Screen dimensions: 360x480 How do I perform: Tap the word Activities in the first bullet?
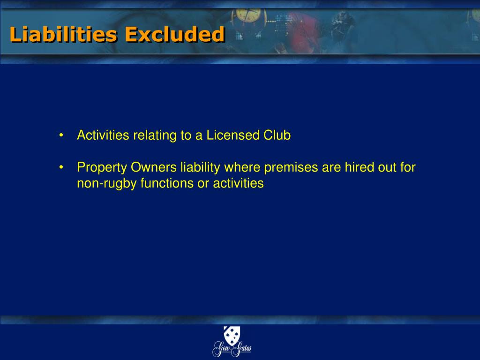pyautogui.click(x=103, y=135)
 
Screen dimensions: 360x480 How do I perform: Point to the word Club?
pyautogui.click(x=277, y=135)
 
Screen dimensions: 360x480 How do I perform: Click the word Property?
pyautogui.click(x=102, y=167)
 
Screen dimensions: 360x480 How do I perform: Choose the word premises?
pyautogui.click(x=292, y=167)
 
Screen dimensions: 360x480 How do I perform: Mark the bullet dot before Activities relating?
pyautogui.click(x=61, y=136)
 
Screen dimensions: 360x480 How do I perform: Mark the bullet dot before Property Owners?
pyautogui.click(x=61, y=167)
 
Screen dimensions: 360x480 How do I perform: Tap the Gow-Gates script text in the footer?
pyautogui.click(x=232, y=349)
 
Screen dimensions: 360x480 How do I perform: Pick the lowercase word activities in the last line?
pyautogui.click(x=238, y=183)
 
